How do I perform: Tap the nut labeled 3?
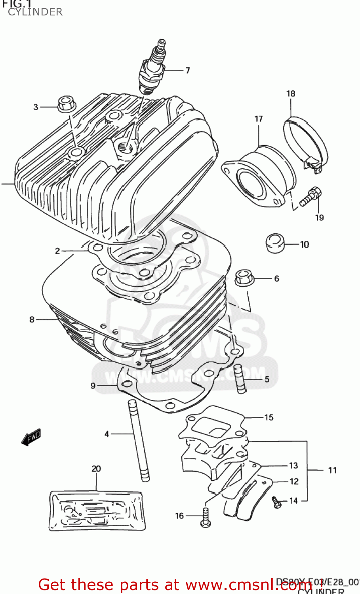coord(67,104)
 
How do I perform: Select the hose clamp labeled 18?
coord(305,142)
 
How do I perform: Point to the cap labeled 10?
coord(275,242)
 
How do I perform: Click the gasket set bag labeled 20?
coord(96,511)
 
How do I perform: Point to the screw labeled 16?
coord(205,517)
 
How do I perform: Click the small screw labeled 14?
coord(276,502)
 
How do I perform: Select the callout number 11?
coord(332,470)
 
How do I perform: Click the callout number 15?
coord(269,417)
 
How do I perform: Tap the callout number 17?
coord(258,119)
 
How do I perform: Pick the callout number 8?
coord(32,320)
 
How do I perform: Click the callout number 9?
coord(93,385)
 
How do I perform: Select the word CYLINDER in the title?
coord(35,12)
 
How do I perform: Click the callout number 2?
coord(57,251)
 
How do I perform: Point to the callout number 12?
coord(294,482)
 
